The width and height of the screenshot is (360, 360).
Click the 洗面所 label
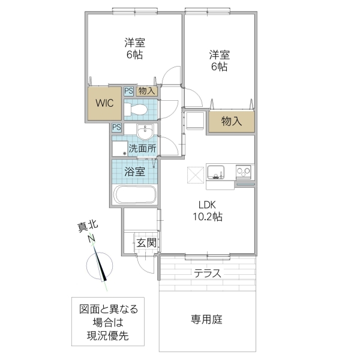coord(142,148)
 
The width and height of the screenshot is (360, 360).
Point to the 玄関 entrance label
coord(146,243)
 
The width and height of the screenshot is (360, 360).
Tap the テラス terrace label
coord(208,274)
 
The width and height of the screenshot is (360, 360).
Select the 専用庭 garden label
coord(207,319)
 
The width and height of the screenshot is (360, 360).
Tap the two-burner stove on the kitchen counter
coord(244,172)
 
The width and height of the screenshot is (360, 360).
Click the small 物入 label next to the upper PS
coord(147,91)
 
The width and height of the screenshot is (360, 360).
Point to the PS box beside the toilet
coord(129,91)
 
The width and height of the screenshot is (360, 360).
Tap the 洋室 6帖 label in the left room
coord(134,48)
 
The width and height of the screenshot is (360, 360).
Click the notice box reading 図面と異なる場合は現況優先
coord(109,322)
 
